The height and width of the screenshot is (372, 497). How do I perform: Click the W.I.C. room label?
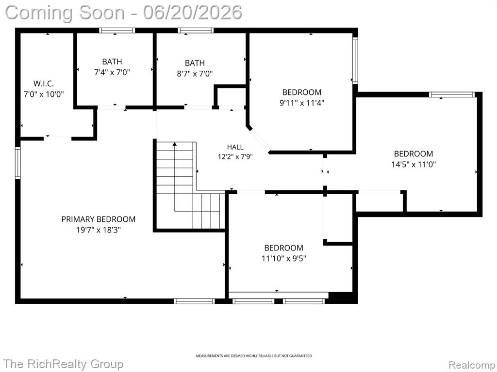pyautogui.click(x=44, y=84)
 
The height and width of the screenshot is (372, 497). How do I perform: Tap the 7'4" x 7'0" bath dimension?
pyautogui.click(x=112, y=73)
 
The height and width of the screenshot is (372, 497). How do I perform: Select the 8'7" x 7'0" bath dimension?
pyautogui.click(x=195, y=74)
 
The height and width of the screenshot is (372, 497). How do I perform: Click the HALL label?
pyautogui.click(x=235, y=147)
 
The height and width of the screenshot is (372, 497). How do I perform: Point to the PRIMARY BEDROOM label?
pyautogui.click(x=98, y=219)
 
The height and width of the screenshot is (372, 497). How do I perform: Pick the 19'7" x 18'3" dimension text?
pyautogui.click(x=99, y=230)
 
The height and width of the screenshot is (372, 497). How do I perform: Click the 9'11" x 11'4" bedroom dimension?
pyautogui.click(x=302, y=103)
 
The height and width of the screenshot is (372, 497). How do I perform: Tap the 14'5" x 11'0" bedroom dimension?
pyautogui.click(x=414, y=165)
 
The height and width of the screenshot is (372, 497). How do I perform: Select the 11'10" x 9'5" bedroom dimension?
pyautogui.click(x=283, y=259)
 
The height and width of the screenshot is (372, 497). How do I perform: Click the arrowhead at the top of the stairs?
pyautogui.click(x=174, y=144)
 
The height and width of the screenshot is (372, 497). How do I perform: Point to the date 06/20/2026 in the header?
pyautogui.click(x=192, y=13)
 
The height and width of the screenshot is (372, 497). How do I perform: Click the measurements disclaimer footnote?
pyautogui.click(x=253, y=356)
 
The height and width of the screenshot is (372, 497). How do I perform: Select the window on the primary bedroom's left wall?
pyautogui.click(x=18, y=163)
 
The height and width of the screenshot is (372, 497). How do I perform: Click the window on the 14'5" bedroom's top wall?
pyautogui.click(x=452, y=94)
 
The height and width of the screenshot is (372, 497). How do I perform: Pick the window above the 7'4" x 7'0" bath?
pyautogui.click(x=117, y=31)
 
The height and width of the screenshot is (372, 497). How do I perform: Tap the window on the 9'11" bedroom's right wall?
pyautogui.click(x=355, y=61)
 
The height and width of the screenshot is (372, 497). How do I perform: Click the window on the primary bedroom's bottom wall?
pyautogui.click(x=194, y=301)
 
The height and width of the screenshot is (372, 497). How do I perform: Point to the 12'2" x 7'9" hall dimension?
pyautogui.click(x=235, y=156)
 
